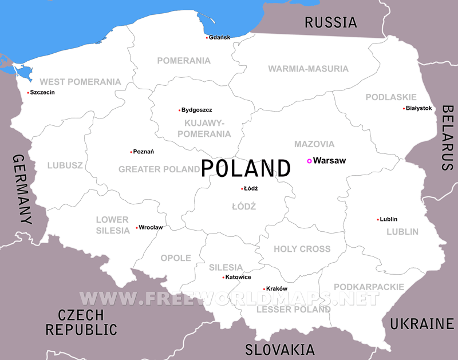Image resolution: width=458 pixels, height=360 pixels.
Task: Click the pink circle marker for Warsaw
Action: tap(309, 161)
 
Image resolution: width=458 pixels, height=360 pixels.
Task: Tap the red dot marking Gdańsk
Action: tap(207, 38)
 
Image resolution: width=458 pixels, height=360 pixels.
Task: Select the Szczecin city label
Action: tap(42, 93)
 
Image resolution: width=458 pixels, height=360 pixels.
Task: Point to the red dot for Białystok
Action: tap(404, 109)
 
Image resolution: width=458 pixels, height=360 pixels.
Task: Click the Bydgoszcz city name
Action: tap(198, 110)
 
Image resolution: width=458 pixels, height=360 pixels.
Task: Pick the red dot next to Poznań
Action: tap(131, 152)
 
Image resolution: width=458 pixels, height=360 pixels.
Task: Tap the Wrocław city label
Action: tap(152, 228)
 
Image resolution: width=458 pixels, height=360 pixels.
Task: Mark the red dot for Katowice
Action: tap(223, 278)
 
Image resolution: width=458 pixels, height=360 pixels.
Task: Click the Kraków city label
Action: tap(277, 289)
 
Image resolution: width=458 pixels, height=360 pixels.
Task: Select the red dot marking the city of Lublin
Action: tap(378, 220)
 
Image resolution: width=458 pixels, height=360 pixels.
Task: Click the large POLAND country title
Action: tap(246, 168)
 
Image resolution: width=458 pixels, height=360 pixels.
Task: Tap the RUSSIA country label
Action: tap(330, 22)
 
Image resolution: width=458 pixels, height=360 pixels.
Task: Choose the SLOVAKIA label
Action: tap(280, 349)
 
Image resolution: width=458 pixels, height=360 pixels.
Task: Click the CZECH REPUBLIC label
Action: tap(81, 322)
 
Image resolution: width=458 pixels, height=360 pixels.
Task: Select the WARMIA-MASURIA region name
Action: tap(308, 69)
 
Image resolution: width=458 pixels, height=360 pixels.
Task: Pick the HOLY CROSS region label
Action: tap(302, 249)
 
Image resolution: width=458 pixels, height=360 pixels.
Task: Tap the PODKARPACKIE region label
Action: tap(369, 287)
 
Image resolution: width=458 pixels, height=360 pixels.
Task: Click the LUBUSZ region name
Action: tap(65, 165)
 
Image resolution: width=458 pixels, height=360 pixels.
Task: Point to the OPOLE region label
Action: tap(176, 258)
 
